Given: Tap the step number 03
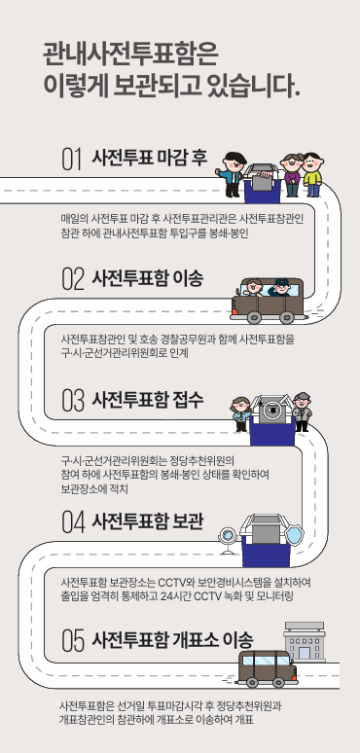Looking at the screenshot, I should [72, 400].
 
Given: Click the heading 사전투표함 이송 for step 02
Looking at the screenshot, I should [148, 279].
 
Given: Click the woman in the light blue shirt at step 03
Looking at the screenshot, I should [239, 414].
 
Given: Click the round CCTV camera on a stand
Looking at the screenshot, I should [228, 534].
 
